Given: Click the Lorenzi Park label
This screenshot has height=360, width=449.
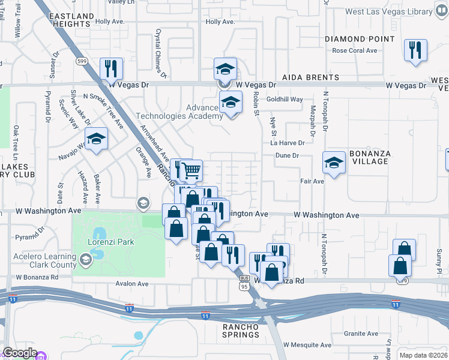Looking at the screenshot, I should click(110, 242).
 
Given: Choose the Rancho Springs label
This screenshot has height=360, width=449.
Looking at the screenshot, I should click(241, 331).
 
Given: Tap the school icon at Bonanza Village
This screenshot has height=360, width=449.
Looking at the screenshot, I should click(334, 162).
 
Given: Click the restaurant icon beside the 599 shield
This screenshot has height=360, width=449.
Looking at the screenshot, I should click(111, 68).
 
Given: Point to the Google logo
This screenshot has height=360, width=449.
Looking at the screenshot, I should click(20, 353).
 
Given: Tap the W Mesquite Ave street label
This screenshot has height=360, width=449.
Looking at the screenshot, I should click(307, 345).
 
